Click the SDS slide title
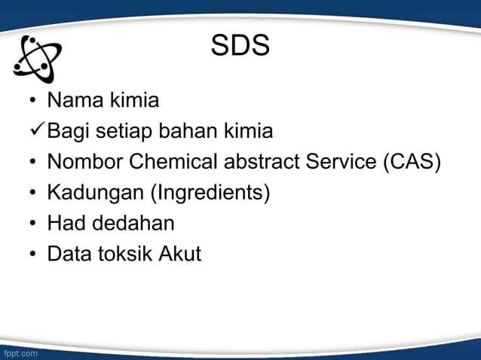240,47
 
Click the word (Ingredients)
210,194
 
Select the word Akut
180,254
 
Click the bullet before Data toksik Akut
33,255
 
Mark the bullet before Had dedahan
33,224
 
